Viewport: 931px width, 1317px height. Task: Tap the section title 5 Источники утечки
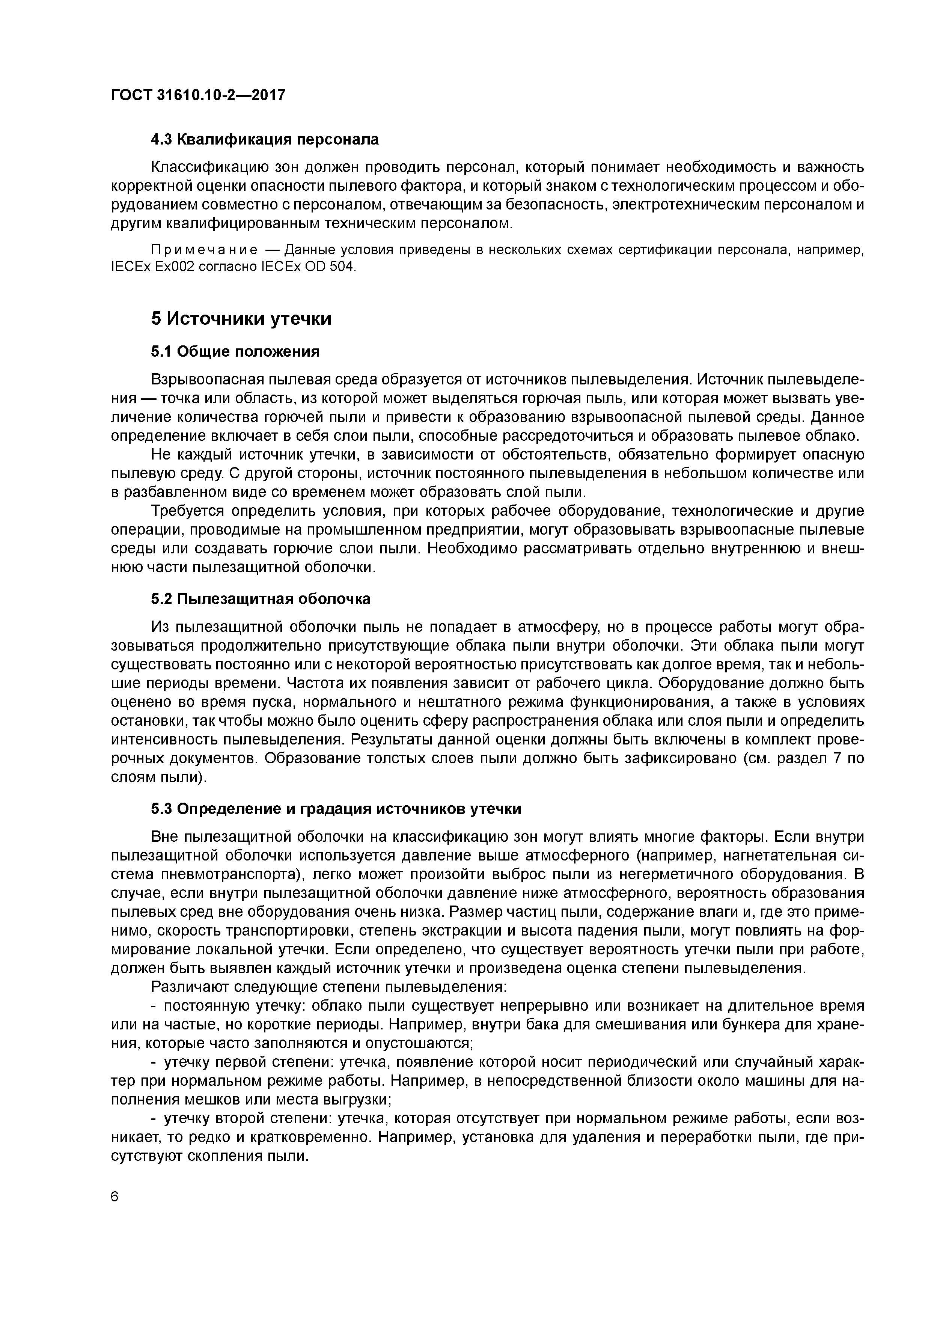(241, 318)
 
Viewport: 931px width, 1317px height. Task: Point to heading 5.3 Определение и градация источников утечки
(336, 809)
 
